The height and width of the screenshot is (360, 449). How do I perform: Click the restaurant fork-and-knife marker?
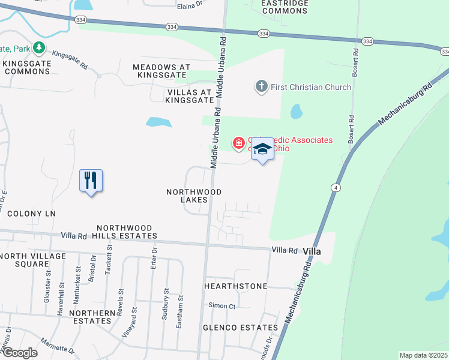91,180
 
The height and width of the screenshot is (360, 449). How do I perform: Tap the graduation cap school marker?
262,149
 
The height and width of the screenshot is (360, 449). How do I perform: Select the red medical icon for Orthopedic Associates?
238,143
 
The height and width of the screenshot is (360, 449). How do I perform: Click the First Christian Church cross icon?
261,87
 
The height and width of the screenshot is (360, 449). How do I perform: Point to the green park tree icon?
39,47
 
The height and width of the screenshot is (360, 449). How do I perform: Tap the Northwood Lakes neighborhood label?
194,196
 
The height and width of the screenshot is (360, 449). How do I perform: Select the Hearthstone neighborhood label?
235,286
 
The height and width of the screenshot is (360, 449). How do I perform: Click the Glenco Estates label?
240,328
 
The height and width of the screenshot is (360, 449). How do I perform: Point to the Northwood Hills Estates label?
126,232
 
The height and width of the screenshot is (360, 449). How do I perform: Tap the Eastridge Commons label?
268,7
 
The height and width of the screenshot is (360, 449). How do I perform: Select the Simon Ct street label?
222,306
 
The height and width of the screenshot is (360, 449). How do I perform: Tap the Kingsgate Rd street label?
70,58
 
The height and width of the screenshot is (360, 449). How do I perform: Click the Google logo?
19,353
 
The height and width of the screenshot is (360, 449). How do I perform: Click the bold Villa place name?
312,251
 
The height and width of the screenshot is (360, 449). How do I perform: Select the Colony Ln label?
31,214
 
